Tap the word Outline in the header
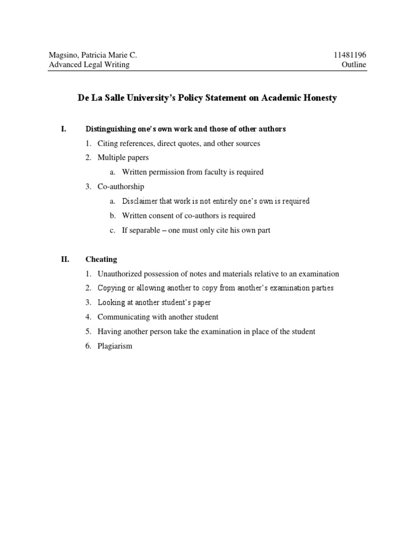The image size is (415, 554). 354,65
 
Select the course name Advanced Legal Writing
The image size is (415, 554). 89,65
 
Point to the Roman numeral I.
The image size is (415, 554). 63,129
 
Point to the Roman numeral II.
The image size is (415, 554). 65,260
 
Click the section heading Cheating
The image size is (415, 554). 101,260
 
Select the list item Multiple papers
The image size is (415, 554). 123,158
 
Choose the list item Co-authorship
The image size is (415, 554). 121,187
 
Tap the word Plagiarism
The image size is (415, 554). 115,346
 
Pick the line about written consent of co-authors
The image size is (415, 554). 189,216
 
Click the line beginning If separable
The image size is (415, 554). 196,230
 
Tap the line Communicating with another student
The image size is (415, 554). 158,317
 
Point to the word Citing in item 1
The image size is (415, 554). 108,144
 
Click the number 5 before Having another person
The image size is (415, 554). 88,332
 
